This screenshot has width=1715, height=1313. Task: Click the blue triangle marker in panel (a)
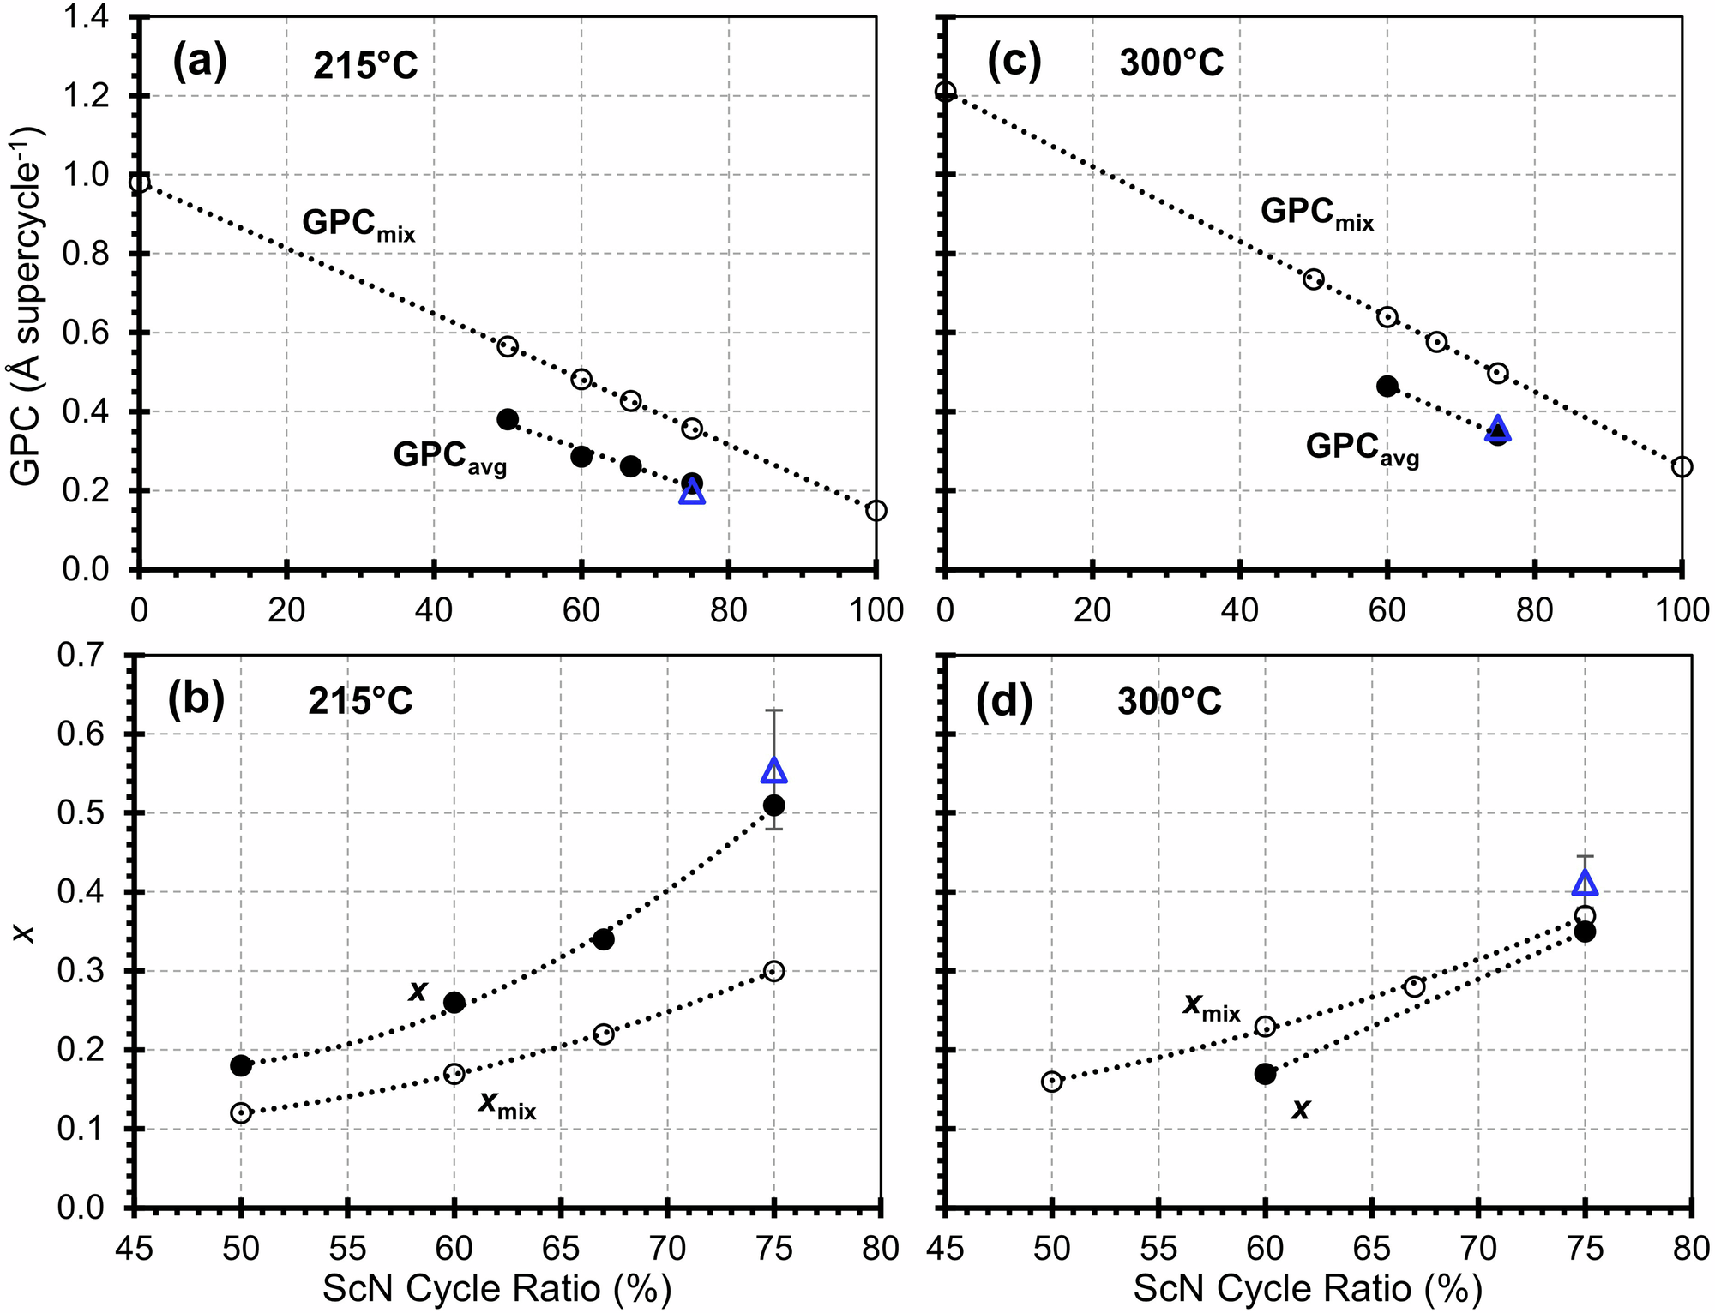coord(692,492)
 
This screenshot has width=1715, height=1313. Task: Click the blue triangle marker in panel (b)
coord(774,770)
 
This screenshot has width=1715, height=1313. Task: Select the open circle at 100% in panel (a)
coord(876,511)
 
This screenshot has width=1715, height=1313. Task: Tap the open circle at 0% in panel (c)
coord(945,92)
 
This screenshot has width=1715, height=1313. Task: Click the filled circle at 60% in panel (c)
coord(1387,386)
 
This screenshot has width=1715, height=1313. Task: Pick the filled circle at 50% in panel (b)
coord(241,1065)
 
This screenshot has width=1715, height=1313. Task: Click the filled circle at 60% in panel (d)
coord(1265,1073)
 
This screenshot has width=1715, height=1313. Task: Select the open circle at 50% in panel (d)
coord(1052,1082)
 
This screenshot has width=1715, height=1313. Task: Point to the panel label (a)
coord(200,63)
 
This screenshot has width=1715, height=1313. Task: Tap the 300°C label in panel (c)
coord(1171,63)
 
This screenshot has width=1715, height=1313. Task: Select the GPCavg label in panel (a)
coord(450,457)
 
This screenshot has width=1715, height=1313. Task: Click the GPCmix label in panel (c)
coord(1317,214)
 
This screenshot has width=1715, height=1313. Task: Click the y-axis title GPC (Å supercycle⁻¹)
coord(27,305)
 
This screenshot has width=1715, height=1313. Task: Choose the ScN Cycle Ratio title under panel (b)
coord(496,1288)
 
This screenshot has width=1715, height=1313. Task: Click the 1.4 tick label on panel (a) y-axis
coord(84,17)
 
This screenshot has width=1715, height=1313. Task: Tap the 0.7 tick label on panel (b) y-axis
coord(84,656)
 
